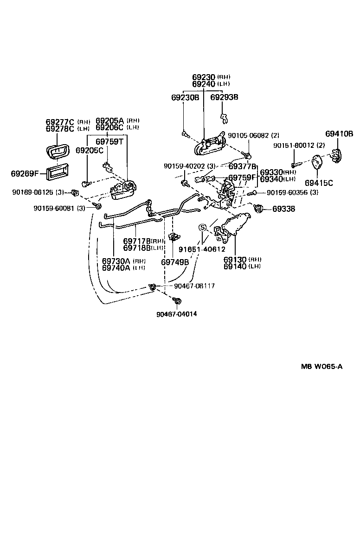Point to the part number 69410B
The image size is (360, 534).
(x=339, y=134)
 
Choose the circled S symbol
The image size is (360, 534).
(x=202, y=228)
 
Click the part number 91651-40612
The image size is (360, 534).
(x=202, y=249)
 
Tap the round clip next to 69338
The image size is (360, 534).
(x=259, y=209)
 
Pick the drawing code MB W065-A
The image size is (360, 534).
(x=322, y=367)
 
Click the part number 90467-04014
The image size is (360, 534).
(x=176, y=314)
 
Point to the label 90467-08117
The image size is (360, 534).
(x=194, y=286)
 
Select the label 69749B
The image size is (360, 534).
(x=175, y=261)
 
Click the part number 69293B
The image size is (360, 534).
(x=224, y=97)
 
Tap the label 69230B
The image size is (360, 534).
(x=185, y=97)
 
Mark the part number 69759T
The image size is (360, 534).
(x=109, y=141)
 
